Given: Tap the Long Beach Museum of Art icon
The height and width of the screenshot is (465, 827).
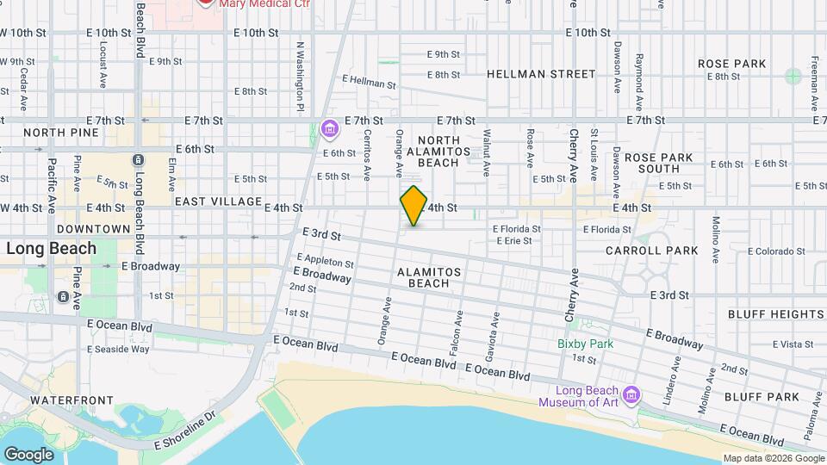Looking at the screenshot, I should click(x=631, y=394).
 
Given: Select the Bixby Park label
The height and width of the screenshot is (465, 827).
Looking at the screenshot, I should click(x=585, y=344).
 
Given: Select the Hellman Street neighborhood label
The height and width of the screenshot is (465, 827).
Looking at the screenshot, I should click(x=541, y=74).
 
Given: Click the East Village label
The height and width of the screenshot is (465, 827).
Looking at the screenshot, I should click(x=218, y=201).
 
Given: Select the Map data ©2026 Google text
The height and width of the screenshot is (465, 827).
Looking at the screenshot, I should click(x=773, y=458).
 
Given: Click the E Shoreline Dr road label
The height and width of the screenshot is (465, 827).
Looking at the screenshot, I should click(x=183, y=433).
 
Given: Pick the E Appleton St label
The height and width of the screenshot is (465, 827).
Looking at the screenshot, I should click(x=325, y=260).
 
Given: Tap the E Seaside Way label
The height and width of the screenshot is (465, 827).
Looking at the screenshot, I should click(x=118, y=349).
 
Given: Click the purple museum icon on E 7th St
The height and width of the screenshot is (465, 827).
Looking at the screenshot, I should click(x=329, y=130).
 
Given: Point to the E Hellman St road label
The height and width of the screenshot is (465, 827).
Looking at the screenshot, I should click(x=368, y=84).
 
